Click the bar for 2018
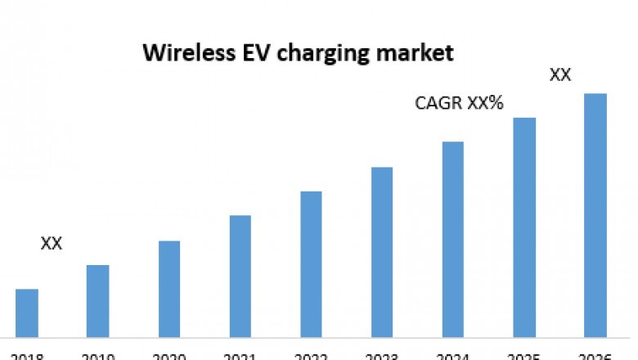tap(27, 313)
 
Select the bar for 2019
tap(98, 300)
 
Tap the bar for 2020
tap(169, 288)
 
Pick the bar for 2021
tap(240, 276)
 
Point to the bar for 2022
tap(311, 263)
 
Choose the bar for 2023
tap(382, 251)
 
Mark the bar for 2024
tap(453, 239)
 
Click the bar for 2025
tap(524, 227)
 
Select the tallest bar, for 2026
tap(595, 214)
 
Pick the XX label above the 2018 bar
tap(52, 244)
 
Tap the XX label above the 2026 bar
tap(560, 75)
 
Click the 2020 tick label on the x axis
tap(169, 356)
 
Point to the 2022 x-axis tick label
tap(311, 356)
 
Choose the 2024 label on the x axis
tap(453, 356)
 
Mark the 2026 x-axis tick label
tap(595, 356)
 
